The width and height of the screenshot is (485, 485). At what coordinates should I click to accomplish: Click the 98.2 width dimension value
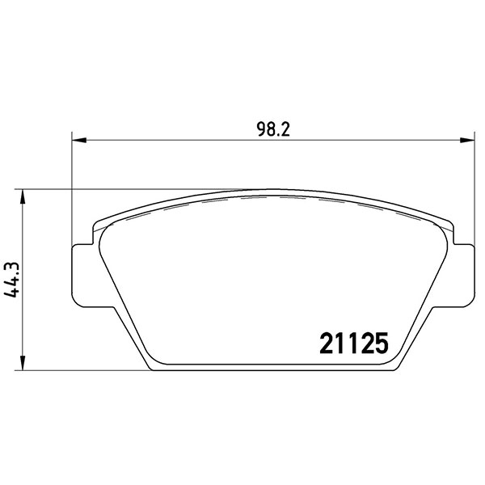273,129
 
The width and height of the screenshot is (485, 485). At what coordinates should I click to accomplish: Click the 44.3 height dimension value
12,280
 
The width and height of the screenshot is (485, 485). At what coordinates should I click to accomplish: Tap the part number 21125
354,344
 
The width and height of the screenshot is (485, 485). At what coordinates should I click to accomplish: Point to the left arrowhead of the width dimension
78,140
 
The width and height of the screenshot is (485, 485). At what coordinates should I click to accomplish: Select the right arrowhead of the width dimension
467,140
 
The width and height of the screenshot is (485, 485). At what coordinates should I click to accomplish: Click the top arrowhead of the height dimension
23,196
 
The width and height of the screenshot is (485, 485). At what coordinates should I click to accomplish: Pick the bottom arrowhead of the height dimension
23,363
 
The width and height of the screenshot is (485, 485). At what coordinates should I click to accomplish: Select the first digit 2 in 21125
327,344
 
